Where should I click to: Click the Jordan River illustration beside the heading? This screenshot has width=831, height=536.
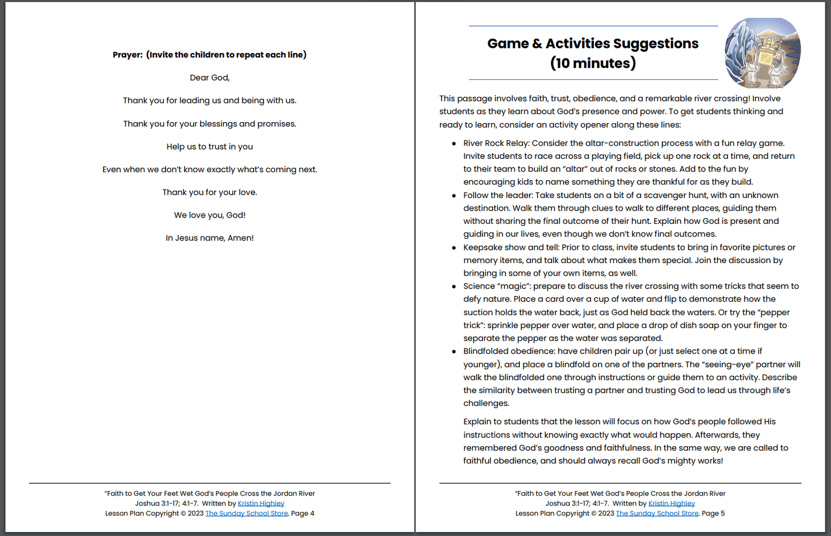(x=763, y=53)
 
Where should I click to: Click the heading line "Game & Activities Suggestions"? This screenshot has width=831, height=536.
(x=593, y=44)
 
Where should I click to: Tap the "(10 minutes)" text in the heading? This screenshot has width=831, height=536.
(x=593, y=63)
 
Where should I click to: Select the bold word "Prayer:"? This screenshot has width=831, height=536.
(x=128, y=55)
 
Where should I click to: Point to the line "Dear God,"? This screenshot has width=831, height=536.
(x=210, y=78)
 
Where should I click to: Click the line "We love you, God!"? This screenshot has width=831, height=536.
(x=210, y=215)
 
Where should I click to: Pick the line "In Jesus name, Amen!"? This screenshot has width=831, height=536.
(x=210, y=238)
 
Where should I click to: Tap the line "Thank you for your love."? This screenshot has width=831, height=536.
(x=210, y=192)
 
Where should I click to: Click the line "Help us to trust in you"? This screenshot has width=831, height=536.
(x=210, y=147)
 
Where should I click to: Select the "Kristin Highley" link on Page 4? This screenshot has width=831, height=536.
(x=261, y=504)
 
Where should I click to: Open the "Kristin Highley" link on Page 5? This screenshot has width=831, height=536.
(x=672, y=504)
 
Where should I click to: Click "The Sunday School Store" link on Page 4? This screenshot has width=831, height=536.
(x=247, y=514)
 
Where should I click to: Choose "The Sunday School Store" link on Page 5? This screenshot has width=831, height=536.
(x=657, y=514)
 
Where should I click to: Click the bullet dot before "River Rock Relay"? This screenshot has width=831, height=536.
(x=454, y=143)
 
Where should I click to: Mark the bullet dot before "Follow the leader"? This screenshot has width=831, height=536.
(x=454, y=196)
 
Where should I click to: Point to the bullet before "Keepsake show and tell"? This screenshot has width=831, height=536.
(x=454, y=248)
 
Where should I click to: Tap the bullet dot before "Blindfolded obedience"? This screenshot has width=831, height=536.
(x=454, y=351)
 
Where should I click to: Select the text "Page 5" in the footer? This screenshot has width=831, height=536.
(x=713, y=514)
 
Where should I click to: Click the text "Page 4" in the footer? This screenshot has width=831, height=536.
(x=302, y=514)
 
